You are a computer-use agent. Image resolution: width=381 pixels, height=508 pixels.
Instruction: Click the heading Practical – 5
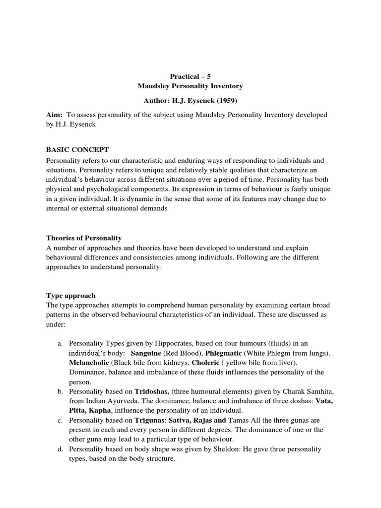[x=190, y=76]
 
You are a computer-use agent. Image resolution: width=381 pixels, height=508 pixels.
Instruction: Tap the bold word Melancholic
[x=89, y=362]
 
